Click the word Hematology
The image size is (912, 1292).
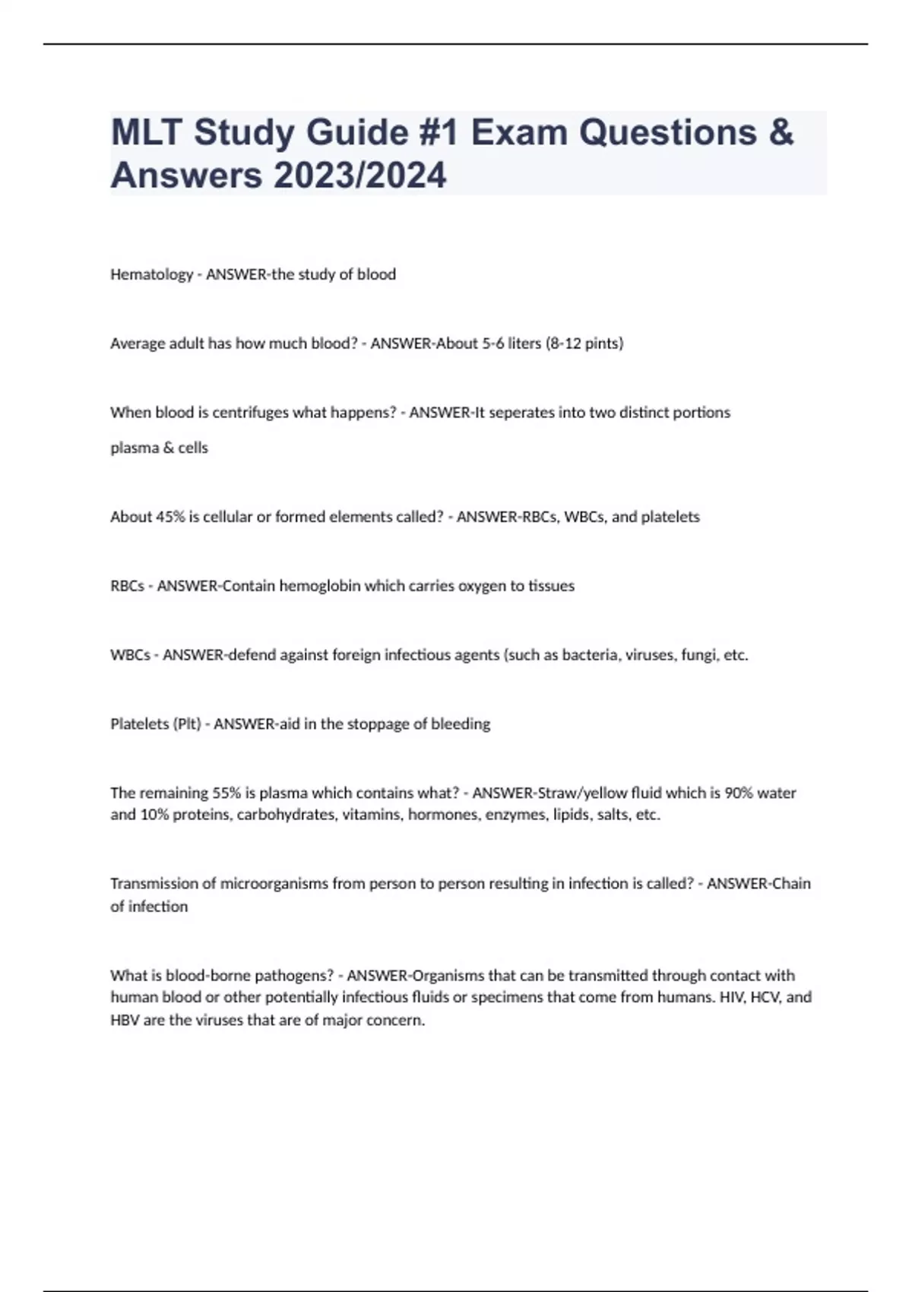[x=151, y=274]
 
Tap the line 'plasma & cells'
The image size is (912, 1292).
[x=159, y=448]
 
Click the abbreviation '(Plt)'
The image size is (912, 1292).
[x=187, y=724]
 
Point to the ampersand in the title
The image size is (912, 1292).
[x=781, y=132]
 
